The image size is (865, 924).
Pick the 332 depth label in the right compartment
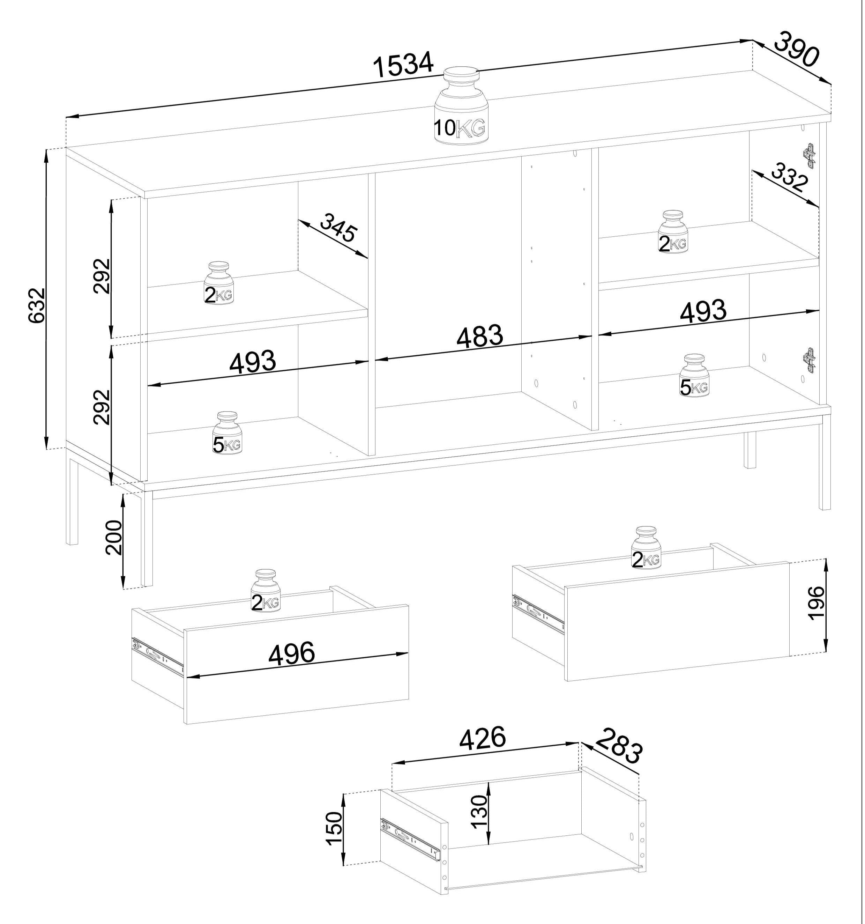tap(790, 178)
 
